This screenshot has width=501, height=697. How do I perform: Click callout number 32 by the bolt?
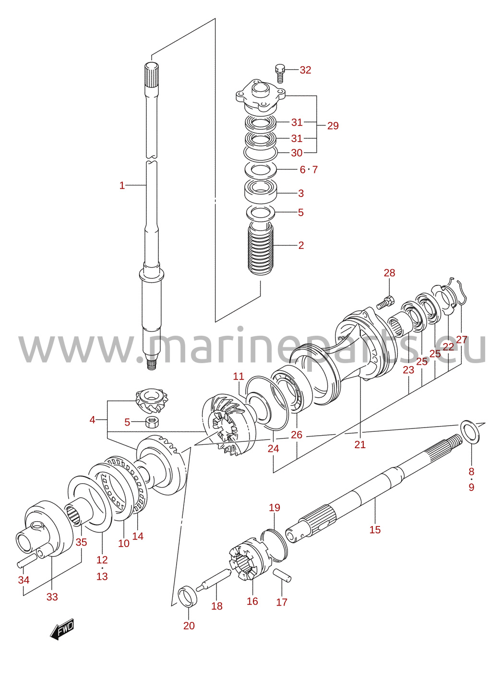[305, 70]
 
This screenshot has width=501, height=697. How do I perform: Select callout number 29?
[333, 126]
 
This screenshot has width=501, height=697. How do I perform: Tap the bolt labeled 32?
[280, 73]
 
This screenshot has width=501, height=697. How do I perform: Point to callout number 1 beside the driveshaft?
[122, 185]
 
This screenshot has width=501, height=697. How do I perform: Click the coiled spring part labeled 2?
[261, 249]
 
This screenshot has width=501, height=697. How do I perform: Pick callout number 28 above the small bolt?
[389, 273]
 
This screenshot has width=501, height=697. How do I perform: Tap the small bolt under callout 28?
[385, 303]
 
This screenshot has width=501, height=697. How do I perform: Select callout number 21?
[360, 445]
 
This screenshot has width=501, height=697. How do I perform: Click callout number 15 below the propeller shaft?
[375, 530]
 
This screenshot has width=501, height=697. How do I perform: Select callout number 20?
[189, 626]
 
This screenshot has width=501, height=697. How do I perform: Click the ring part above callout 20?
[188, 596]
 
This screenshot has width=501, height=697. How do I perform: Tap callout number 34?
[24, 580]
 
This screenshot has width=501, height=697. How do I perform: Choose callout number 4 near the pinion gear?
[92, 420]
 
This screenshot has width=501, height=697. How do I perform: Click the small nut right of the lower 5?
[152, 422]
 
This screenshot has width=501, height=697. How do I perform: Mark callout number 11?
[239, 377]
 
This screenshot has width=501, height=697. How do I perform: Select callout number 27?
[462, 340]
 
